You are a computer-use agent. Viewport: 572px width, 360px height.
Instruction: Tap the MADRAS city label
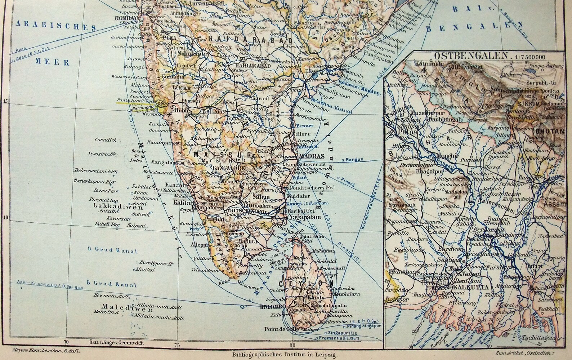point(309,157)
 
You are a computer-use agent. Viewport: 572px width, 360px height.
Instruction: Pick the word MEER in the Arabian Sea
point(52,62)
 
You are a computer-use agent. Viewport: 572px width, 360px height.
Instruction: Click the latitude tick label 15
point(5,101)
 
